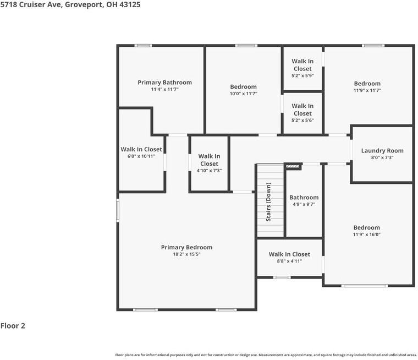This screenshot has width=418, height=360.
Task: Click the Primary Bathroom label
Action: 164,83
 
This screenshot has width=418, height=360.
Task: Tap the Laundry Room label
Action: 382,150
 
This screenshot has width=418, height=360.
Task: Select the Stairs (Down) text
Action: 269,202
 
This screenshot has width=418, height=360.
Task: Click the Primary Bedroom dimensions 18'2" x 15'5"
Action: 186,254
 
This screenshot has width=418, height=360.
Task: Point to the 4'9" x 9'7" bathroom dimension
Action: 304,204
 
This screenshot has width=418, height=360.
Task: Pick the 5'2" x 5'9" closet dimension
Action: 302,76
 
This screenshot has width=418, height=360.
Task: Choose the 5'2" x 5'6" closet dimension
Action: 302,121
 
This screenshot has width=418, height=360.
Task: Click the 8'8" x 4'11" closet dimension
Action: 289,261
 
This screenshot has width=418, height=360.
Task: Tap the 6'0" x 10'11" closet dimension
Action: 141,156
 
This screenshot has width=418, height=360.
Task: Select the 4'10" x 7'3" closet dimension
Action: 209,171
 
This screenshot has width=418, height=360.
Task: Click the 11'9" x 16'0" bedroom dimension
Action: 367,234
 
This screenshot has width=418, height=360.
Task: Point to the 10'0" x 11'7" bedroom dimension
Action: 244,94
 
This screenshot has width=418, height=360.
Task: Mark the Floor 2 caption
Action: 13,326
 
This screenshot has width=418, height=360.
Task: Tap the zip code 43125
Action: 130,4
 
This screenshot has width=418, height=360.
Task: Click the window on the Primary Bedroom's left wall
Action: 117,211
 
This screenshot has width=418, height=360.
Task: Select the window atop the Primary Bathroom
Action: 144,46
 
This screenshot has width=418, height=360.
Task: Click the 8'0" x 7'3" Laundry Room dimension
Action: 382,157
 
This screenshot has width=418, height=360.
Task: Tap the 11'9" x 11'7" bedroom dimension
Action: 367,90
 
